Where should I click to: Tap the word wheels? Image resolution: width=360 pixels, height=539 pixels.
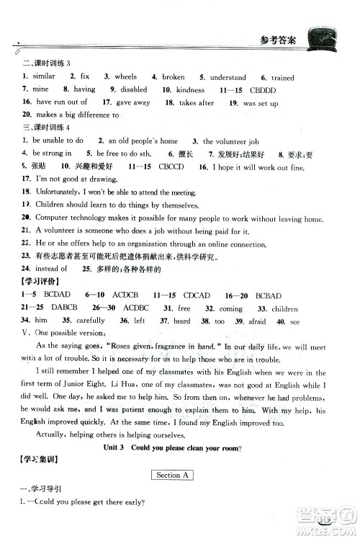point(125,77)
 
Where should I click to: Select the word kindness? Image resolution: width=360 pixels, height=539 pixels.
point(190,90)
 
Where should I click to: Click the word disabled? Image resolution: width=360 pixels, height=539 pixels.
point(133,90)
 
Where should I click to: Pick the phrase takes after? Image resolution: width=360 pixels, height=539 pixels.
point(197,103)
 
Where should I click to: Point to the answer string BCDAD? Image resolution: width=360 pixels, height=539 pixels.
point(58,295)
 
